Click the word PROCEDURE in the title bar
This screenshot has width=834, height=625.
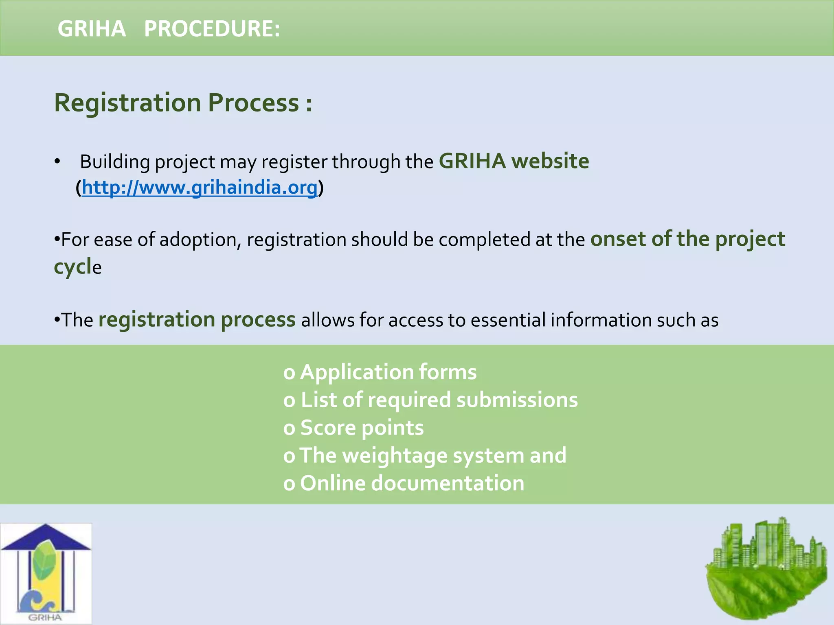[212, 29]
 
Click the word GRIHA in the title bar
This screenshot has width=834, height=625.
[92, 29]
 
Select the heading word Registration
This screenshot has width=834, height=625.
[127, 103]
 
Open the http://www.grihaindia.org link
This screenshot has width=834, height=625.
[200, 188]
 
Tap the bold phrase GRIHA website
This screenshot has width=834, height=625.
[514, 161]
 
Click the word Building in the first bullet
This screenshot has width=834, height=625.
[115, 162]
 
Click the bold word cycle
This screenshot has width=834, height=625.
[77, 267]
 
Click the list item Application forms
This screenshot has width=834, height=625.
[388, 372]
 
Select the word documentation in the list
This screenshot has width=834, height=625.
[448, 483]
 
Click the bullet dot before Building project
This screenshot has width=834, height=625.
[57, 162]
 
